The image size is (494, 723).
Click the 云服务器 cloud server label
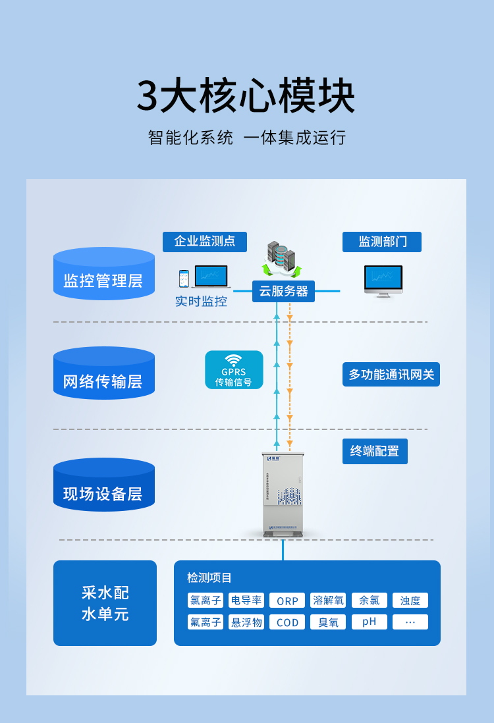point(283,291)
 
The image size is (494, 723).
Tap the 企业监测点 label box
point(205,242)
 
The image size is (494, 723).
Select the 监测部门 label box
point(382,242)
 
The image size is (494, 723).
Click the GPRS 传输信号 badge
point(234,370)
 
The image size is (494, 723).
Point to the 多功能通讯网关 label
point(391,375)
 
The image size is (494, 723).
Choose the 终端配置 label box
point(375,451)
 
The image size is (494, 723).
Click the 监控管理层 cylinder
point(104,274)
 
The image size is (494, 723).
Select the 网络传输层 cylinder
point(104,373)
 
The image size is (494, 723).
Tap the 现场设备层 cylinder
point(104,485)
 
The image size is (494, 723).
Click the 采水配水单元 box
point(105,603)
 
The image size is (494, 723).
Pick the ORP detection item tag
point(287,601)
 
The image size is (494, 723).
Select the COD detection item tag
point(287,622)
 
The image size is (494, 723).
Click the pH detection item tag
point(370,622)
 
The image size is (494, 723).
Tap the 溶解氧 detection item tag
point(328,601)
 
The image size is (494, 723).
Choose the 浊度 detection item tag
point(410,601)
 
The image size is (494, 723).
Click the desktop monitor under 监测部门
point(383,281)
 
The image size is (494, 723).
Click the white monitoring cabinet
point(283,494)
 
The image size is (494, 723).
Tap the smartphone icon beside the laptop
point(184,279)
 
